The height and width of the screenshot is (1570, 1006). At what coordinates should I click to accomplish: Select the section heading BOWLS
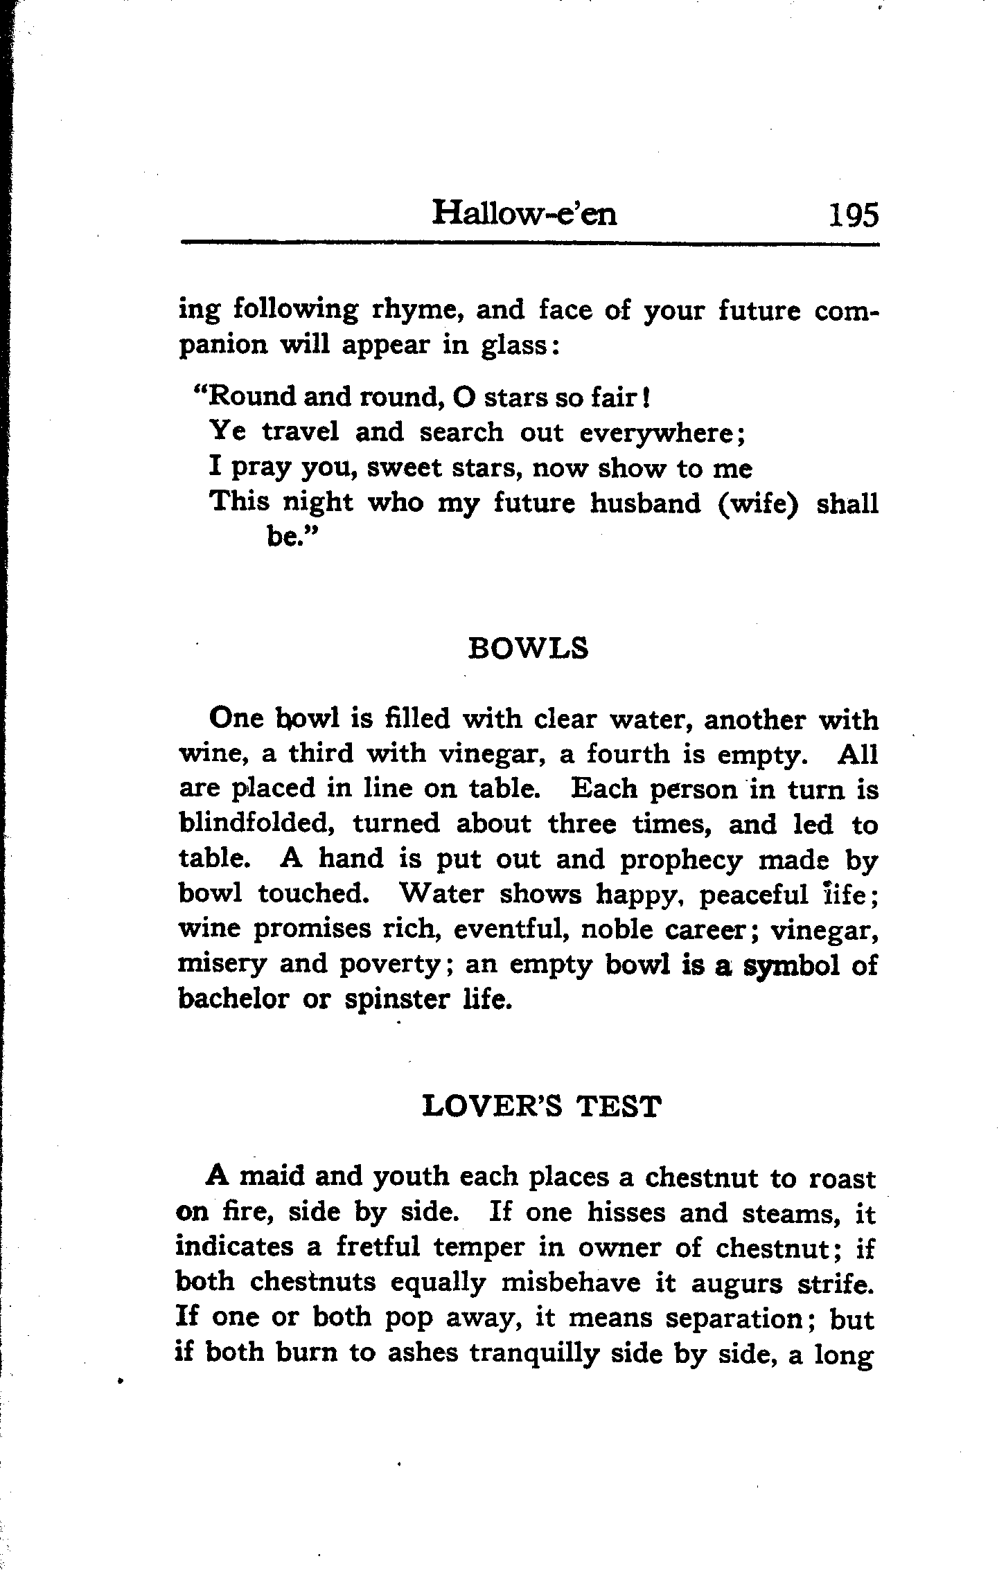pyautogui.click(x=528, y=649)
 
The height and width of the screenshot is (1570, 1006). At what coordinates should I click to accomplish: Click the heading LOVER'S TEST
pyautogui.click(x=541, y=1107)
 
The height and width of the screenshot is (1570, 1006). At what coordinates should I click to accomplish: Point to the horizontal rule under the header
pyautogui.click(x=529, y=243)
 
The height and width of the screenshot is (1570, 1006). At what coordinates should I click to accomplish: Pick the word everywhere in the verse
pyautogui.click(x=660, y=433)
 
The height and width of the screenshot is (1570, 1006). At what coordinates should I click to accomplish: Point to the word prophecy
pyautogui.click(x=681, y=859)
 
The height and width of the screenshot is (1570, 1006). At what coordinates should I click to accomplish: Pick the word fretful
pyautogui.click(x=378, y=1247)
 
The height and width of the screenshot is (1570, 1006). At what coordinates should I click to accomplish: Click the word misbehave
pyautogui.click(x=562, y=1283)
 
